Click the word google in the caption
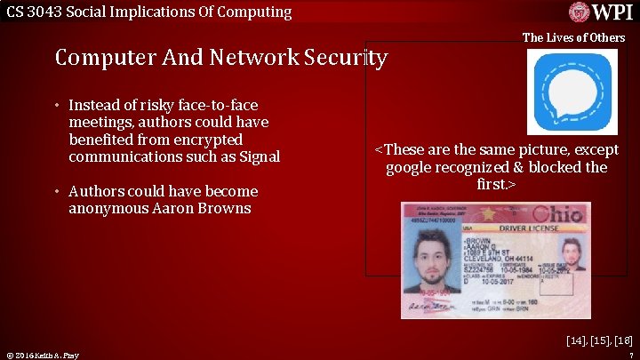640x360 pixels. [412, 167]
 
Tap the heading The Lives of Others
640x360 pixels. [573, 37]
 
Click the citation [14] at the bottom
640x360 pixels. [577, 340]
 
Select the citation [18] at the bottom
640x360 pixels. [623, 340]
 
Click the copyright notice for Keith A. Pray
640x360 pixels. [42, 356]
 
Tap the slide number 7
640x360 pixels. [629, 356]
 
